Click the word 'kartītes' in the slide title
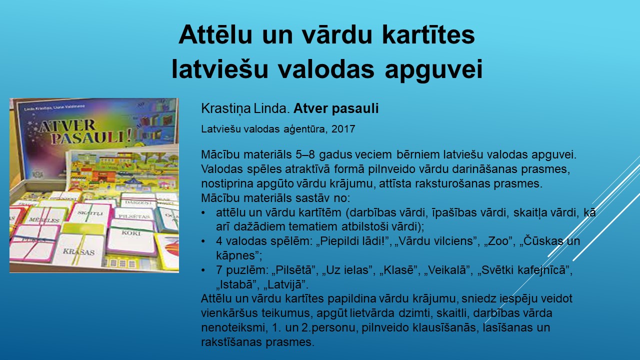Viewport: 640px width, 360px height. point(428,34)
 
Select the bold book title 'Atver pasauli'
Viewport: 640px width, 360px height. point(336,108)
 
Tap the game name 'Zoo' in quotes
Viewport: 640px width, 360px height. point(498,241)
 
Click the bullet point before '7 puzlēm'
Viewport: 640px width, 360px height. point(203,270)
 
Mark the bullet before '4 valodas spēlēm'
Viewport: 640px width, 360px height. point(203,241)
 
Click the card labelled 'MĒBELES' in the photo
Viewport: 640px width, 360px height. point(45,218)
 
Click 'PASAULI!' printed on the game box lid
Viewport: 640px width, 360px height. point(91,138)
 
